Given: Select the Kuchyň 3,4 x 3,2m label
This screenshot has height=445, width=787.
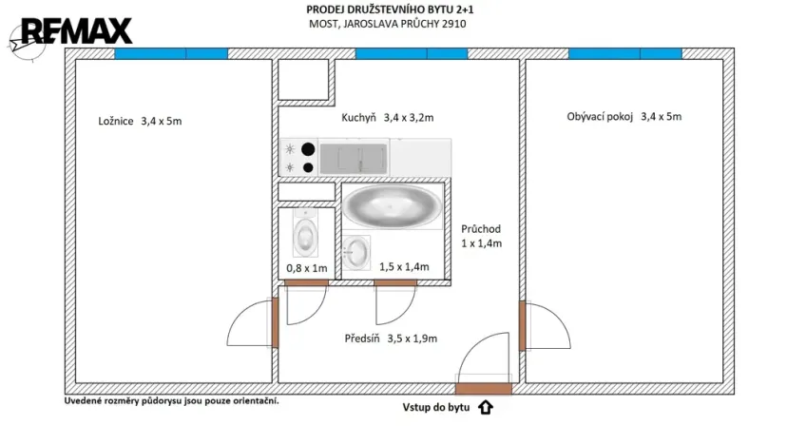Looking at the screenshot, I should pyautogui.click(x=387, y=119).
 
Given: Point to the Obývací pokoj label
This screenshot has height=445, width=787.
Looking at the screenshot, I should pyautogui.click(x=624, y=117).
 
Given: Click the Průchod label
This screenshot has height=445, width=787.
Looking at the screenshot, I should pyautogui.click(x=480, y=236).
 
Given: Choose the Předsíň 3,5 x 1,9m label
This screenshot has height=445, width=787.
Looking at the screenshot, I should pyautogui.click(x=391, y=338).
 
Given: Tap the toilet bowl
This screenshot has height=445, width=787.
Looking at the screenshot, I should pyautogui.click(x=305, y=234).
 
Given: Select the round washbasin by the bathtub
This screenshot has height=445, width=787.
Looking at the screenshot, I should pyautogui.click(x=356, y=251).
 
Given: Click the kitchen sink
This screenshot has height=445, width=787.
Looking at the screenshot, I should pyautogui.click(x=353, y=157).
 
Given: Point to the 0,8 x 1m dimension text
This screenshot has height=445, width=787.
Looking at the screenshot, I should pyautogui.click(x=306, y=268).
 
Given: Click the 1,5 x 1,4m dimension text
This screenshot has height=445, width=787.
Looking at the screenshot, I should pyautogui.click(x=399, y=268).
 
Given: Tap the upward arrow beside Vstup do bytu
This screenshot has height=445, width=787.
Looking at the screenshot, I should pyautogui.click(x=485, y=408).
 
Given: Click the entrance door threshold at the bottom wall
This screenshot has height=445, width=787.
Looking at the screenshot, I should pyautogui.click(x=484, y=388).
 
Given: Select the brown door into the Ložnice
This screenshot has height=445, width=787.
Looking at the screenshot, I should pyautogui.click(x=275, y=323).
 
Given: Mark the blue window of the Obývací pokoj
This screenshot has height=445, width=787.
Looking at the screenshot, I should pyautogui.click(x=624, y=54).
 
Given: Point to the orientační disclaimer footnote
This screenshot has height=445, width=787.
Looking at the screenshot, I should pyautogui.click(x=171, y=400).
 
